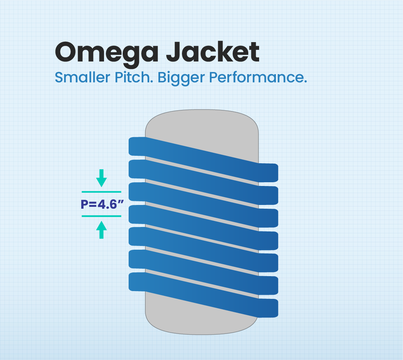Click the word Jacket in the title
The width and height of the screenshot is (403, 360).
click(x=212, y=52)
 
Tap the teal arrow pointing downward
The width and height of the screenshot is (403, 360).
click(x=101, y=178)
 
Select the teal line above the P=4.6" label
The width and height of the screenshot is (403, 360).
click(x=101, y=192)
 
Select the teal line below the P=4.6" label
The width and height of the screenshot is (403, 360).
click(x=101, y=216)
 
